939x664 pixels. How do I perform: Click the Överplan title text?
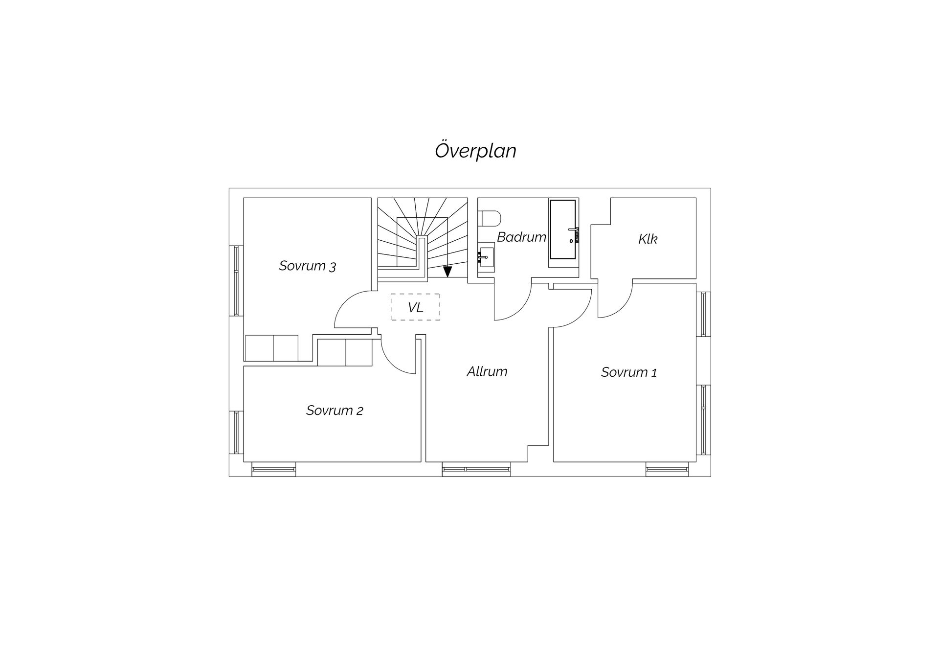pyautogui.click(x=475, y=151)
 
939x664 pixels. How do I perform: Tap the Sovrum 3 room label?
pyautogui.click(x=308, y=266)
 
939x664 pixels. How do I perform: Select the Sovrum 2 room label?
pyautogui.click(x=335, y=410)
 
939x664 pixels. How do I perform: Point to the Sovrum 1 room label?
pyautogui.click(x=629, y=372)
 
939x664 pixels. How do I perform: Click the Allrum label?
pyautogui.click(x=487, y=371)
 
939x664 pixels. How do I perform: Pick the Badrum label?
pyautogui.click(x=521, y=237)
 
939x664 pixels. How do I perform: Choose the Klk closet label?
pyautogui.click(x=648, y=239)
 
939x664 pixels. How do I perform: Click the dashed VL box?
pyautogui.click(x=415, y=307)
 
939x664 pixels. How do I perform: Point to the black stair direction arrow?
pyautogui.click(x=447, y=272)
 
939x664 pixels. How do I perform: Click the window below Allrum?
pyautogui.click(x=476, y=469)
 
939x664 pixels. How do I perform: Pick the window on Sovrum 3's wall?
pyautogui.click(x=236, y=280)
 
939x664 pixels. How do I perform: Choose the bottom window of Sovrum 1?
pyautogui.click(x=667, y=469)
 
